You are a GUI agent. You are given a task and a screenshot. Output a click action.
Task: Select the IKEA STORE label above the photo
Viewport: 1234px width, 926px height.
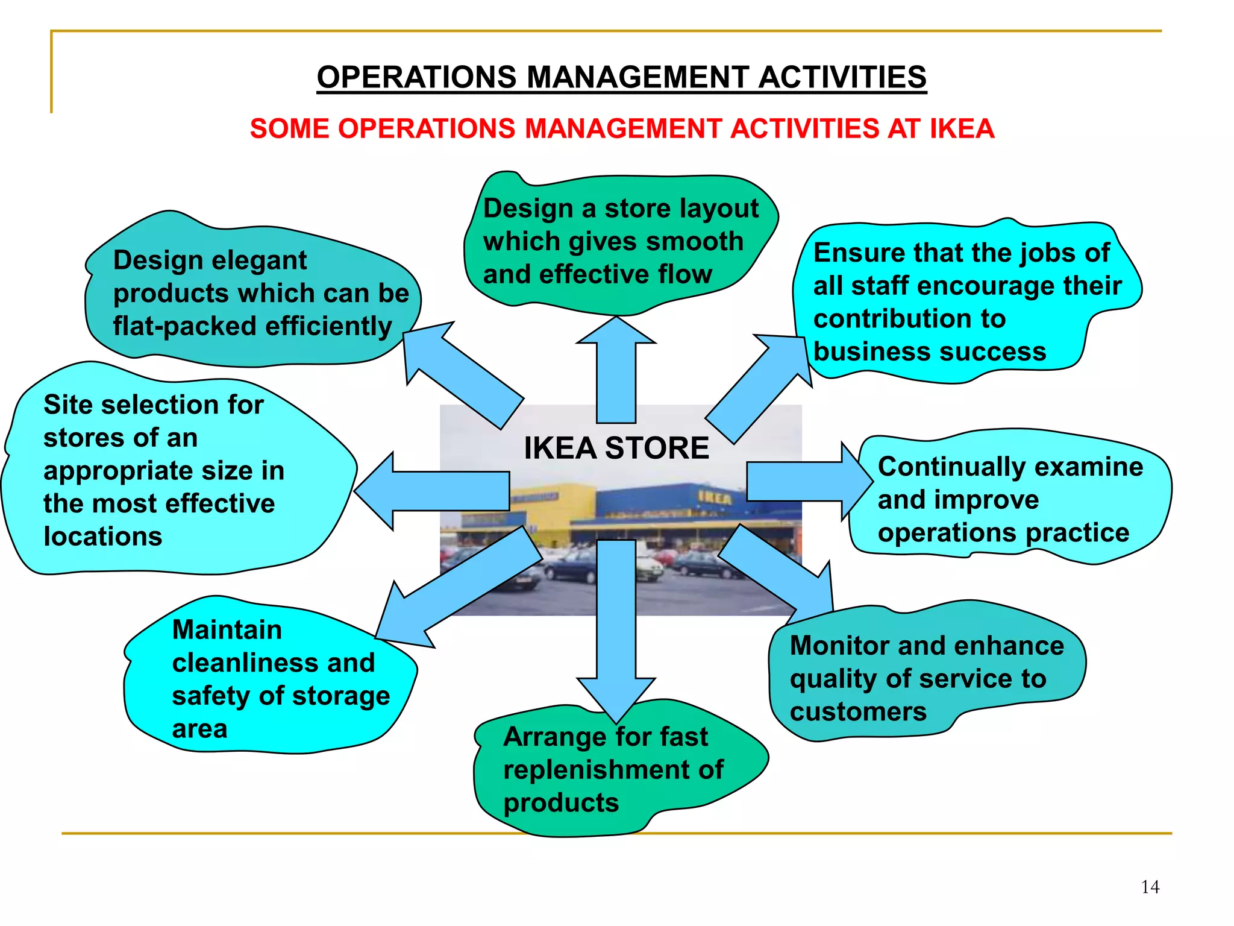pyautogui.click(x=616, y=448)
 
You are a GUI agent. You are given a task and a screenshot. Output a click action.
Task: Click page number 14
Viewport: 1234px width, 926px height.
pyautogui.click(x=1150, y=887)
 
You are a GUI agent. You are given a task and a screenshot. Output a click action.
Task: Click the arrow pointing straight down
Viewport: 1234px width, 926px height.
pyautogui.click(x=616, y=633)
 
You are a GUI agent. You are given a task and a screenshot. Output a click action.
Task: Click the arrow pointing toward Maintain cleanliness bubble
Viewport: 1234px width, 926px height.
pyautogui.click(x=458, y=591)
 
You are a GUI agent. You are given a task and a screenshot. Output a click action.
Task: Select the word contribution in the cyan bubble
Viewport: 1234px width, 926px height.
pyautogui.click(x=909, y=319)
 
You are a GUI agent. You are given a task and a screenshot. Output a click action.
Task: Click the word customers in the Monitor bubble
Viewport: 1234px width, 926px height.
pyautogui.click(x=858, y=712)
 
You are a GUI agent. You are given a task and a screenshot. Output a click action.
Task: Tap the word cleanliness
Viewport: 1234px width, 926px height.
pyautogui.click(x=246, y=663)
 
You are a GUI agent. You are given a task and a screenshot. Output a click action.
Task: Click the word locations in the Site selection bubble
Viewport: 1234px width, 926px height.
pyautogui.click(x=103, y=537)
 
